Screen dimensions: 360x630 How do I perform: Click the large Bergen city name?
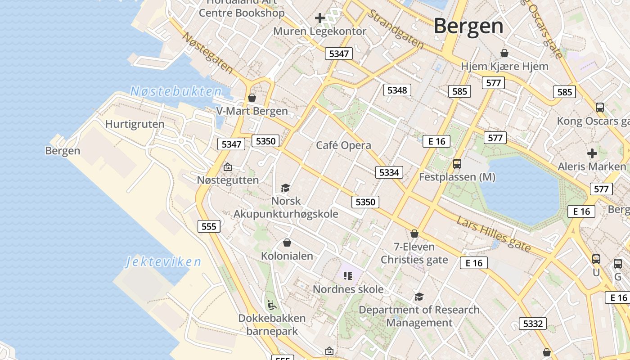468,26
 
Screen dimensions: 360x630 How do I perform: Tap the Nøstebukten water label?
176,91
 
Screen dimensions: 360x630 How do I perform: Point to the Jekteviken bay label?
163,261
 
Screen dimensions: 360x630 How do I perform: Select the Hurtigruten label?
135,124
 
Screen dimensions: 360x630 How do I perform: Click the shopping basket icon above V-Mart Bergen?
252,98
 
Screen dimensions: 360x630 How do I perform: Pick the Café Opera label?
343,145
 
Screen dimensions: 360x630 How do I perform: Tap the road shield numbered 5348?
397,90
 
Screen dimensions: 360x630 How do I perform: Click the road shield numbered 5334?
389,172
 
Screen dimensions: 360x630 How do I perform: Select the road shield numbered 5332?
533,323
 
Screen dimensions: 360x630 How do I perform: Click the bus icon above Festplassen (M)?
457,163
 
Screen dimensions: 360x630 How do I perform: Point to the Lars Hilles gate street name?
494,234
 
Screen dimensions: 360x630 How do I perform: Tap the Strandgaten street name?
396,29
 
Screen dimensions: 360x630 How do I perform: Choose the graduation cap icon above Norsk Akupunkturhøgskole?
285,188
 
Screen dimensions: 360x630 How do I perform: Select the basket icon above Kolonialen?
287,243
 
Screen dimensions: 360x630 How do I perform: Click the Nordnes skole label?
348,289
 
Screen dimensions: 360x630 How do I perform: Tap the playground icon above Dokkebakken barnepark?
271,306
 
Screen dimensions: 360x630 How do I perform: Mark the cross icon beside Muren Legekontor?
320,18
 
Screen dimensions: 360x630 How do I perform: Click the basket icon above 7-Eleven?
414,234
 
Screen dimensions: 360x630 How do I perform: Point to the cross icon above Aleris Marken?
592,153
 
